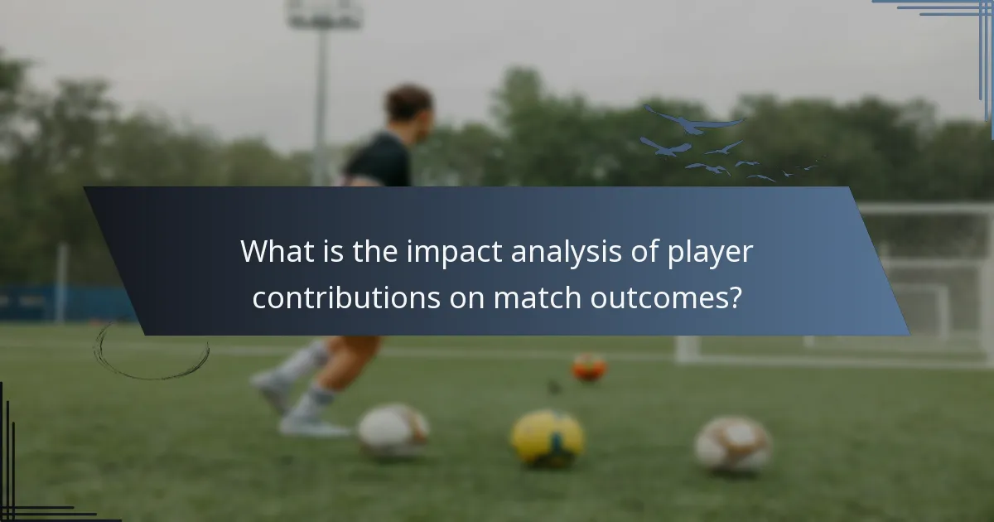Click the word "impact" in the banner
(x=447, y=252)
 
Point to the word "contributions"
(x=345, y=298)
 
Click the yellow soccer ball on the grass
(x=547, y=437)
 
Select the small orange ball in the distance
(x=589, y=366)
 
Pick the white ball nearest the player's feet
(x=393, y=431)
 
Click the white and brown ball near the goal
(x=733, y=443)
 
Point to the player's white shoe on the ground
(x=313, y=426)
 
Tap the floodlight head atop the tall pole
(x=323, y=15)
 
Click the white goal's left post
(x=687, y=349)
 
